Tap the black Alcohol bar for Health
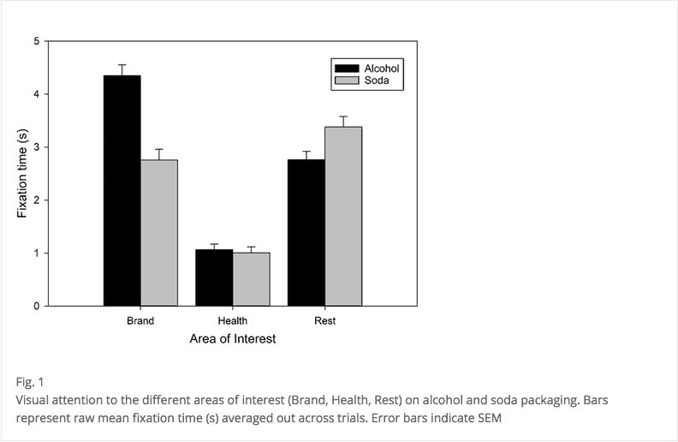pos(214,278)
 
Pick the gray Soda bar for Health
pos(251,279)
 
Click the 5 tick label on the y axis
pos(36,41)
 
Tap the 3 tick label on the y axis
pos(36,147)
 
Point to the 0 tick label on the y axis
pos(36,306)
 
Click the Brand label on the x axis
pos(140,321)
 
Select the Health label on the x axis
pos(232,321)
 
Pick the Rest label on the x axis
pos(324,321)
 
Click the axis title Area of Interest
pos(232,339)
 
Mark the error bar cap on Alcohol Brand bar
pos(122,64)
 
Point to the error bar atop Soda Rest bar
pos(343,116)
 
